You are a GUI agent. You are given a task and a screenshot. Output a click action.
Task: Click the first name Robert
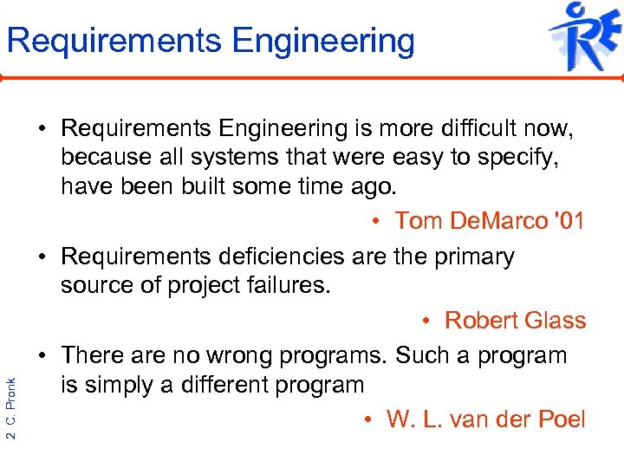(x=479, y=321)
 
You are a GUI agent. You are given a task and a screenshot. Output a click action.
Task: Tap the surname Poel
(x=561, y=420)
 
